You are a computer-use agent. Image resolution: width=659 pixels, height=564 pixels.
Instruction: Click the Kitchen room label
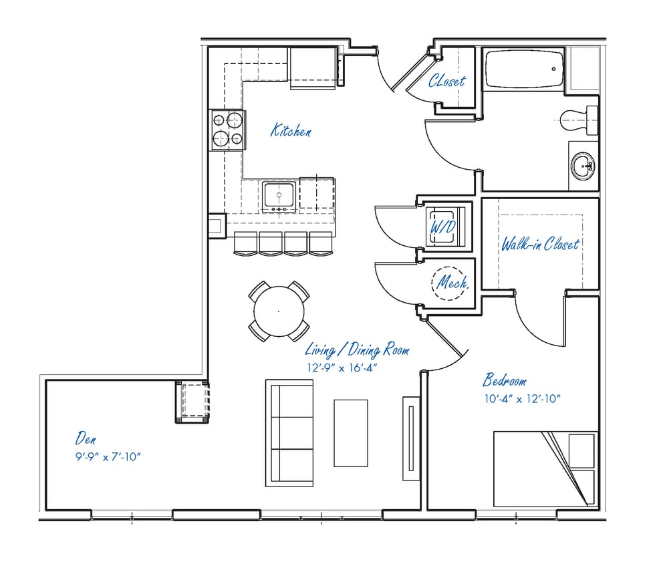point(290,130)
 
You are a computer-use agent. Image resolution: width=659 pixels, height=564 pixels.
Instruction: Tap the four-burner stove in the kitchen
point(227,130)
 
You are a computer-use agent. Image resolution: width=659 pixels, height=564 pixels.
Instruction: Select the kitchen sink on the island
point(279,195)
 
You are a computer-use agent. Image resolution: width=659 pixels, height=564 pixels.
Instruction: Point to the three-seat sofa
point(289,433)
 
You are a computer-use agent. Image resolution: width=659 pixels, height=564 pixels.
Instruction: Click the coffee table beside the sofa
point(350,433)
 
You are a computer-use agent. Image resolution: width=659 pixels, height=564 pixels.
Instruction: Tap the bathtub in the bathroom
point(523,69)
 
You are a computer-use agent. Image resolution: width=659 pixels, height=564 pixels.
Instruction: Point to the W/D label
point(442,227)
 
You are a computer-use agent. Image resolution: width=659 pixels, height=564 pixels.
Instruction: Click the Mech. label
point(452,283)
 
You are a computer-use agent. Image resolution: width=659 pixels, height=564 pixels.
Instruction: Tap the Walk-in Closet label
point(540,244)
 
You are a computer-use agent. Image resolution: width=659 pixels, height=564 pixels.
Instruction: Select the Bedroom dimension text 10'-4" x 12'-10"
point(521,400)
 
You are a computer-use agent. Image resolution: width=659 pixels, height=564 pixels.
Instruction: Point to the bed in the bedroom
point(545,467)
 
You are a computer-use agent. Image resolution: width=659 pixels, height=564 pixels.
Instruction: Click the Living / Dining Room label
point(357,350)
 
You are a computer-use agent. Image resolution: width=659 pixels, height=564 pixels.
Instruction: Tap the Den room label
point(85,439)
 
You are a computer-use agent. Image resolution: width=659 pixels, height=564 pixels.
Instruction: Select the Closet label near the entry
point(447,82)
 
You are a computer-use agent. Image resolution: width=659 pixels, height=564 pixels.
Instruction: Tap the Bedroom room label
point(504,382)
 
